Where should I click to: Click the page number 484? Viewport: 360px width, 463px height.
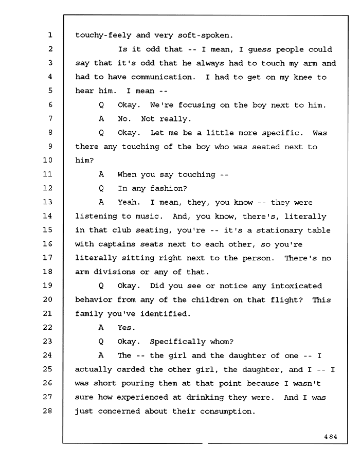pos(331,437)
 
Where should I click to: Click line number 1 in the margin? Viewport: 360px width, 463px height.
pos(50,35)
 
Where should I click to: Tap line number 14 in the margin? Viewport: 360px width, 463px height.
pos(47,216)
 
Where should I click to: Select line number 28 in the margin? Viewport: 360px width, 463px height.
pos(47,411)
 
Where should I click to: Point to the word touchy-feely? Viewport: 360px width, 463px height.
pos(103,35)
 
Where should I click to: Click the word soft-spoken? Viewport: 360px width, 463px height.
pos(205,35)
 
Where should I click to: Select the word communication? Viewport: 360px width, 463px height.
pos(163,77)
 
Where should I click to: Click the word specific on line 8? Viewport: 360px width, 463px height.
pos(282,133)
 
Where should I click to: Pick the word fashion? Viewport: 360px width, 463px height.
pos(169,188)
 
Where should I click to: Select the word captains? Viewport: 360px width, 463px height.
pos(117,244)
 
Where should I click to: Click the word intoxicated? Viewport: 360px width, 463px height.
pos(296,286)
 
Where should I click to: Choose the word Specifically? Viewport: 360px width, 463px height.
pos(177,342)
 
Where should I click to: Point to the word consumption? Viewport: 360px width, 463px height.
pos(227,412)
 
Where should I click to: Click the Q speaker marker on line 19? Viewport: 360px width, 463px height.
pos(101,286)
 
